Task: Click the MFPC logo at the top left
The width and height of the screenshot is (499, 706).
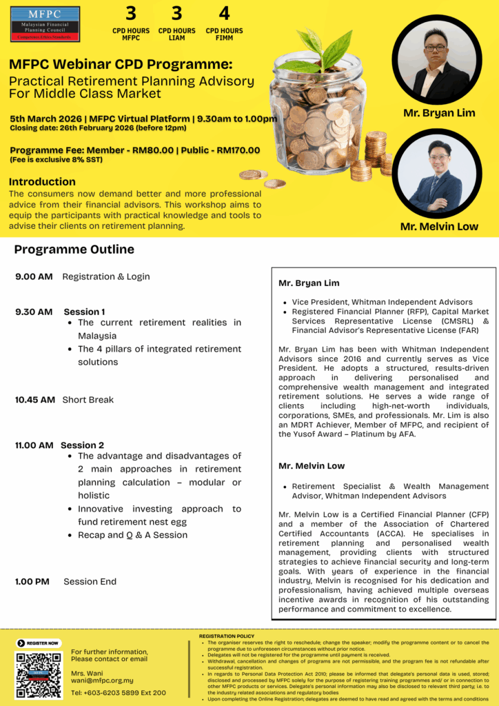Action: coord(45,23)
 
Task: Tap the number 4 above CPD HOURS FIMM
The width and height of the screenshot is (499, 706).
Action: coord(224,13)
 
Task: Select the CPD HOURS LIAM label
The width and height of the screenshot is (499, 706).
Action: coord(177,34)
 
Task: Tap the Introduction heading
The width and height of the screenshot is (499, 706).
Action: coord(42,182)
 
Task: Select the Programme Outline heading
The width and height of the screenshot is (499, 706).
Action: coord(74,250)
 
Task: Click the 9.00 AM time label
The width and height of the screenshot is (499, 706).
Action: coord(34,276)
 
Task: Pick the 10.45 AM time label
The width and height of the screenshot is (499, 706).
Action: coord(35,400)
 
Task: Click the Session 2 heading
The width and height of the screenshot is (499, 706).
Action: coord(83,445)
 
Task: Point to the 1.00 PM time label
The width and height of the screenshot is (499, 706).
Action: coord(32,582)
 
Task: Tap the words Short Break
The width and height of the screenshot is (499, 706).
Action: coord(88,400)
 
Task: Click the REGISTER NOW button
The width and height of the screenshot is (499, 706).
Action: coord(39,643)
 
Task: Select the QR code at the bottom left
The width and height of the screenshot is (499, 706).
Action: coord(39,675)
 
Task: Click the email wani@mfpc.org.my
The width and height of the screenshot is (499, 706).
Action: coord(102,680)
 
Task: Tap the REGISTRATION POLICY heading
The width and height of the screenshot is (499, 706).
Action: coord(227,636)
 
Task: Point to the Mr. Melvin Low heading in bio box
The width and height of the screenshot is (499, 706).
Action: coord(312,466)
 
